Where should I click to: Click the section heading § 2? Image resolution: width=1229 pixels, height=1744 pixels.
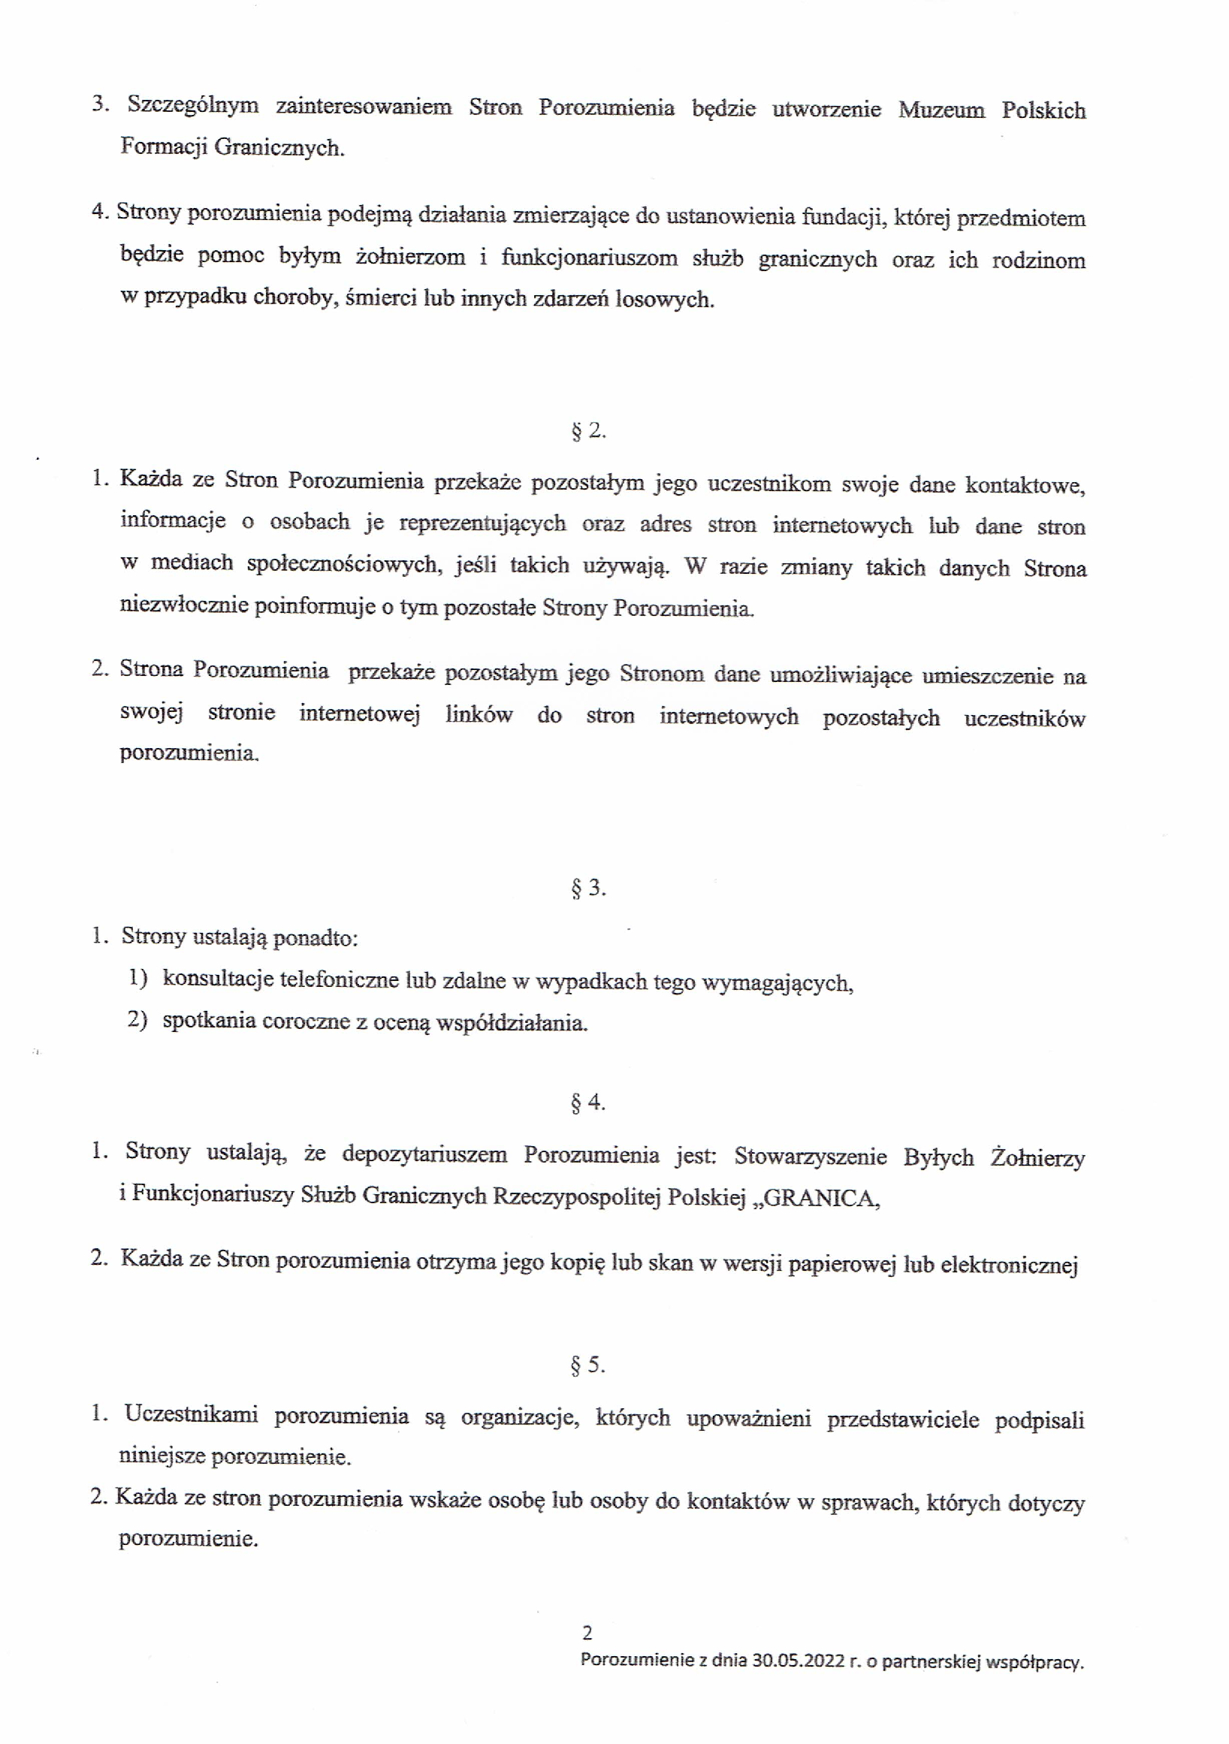tap(588, 430)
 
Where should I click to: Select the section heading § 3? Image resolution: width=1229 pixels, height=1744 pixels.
tap(588, 887)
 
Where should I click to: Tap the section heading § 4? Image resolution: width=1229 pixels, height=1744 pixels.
tap(588, 1102)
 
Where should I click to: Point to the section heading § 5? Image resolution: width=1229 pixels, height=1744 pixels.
tap(588, 1365)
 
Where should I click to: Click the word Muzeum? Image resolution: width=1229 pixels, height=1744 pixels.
tap(941, 110)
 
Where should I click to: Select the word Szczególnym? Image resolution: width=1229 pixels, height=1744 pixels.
tap(193, 105)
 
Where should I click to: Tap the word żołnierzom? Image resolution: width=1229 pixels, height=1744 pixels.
tap(410, 257)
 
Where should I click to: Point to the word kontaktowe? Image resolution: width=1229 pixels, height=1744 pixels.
tap(1025, 484)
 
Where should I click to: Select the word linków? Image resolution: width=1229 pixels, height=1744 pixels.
tap(479, 715)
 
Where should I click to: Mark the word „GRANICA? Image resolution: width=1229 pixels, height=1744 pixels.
tap(821, 1198)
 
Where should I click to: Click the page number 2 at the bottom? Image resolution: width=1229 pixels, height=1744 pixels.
tap(587, 1631)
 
